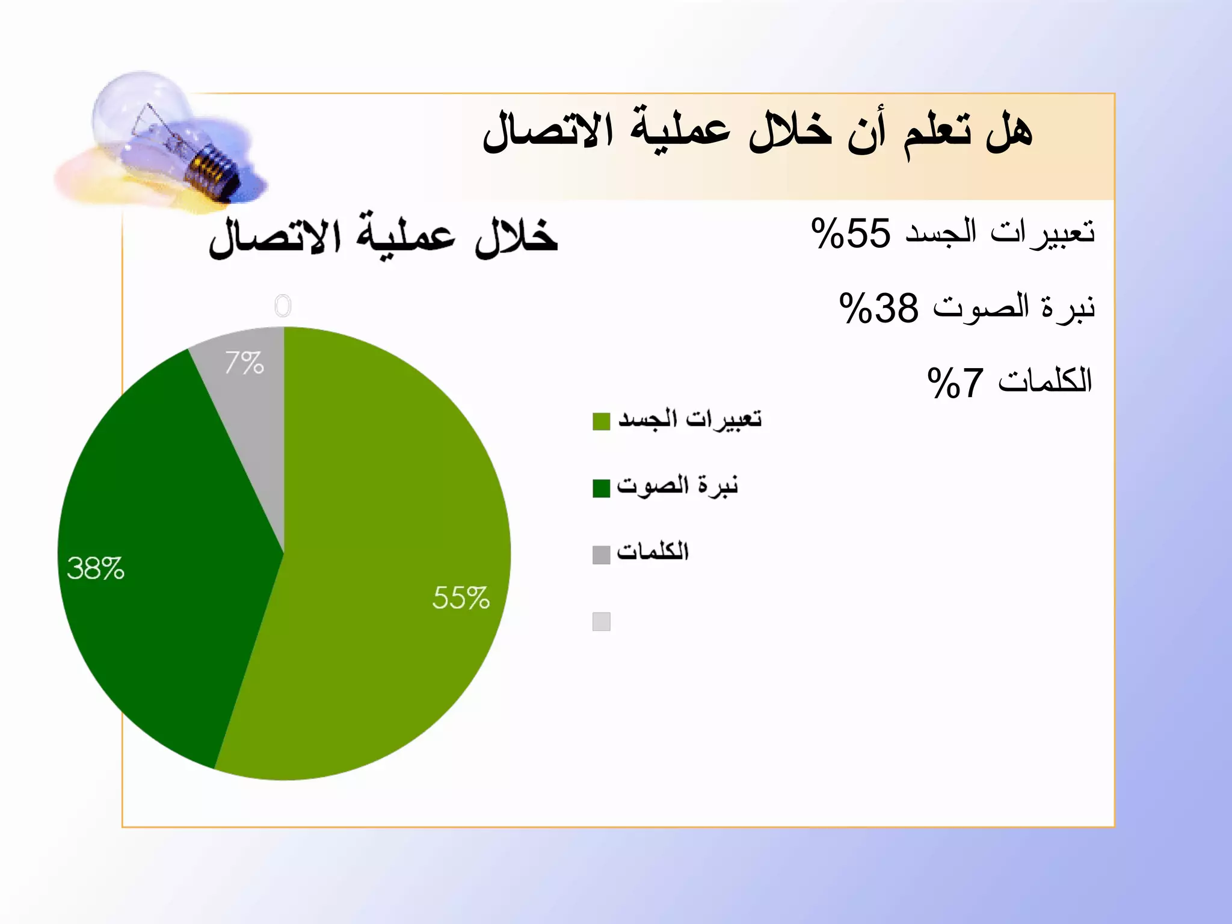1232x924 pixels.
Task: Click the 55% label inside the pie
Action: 461,598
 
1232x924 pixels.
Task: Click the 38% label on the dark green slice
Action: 95,568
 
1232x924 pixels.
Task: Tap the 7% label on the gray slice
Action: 244,363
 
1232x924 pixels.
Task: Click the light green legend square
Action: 601,421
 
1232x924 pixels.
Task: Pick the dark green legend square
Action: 601,488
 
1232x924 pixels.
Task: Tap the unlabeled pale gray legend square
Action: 601,621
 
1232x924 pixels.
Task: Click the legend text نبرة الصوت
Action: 677,485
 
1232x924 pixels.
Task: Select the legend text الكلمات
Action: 653,551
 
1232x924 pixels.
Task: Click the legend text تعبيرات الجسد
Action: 689,419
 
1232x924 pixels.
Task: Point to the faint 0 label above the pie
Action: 283,306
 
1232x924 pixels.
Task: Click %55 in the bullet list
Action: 850,233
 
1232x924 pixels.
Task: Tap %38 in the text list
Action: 878,308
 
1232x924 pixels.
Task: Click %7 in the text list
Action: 955,383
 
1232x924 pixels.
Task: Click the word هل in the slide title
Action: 1009,132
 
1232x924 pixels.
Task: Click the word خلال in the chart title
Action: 516,237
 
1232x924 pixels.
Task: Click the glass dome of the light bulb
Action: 138,108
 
